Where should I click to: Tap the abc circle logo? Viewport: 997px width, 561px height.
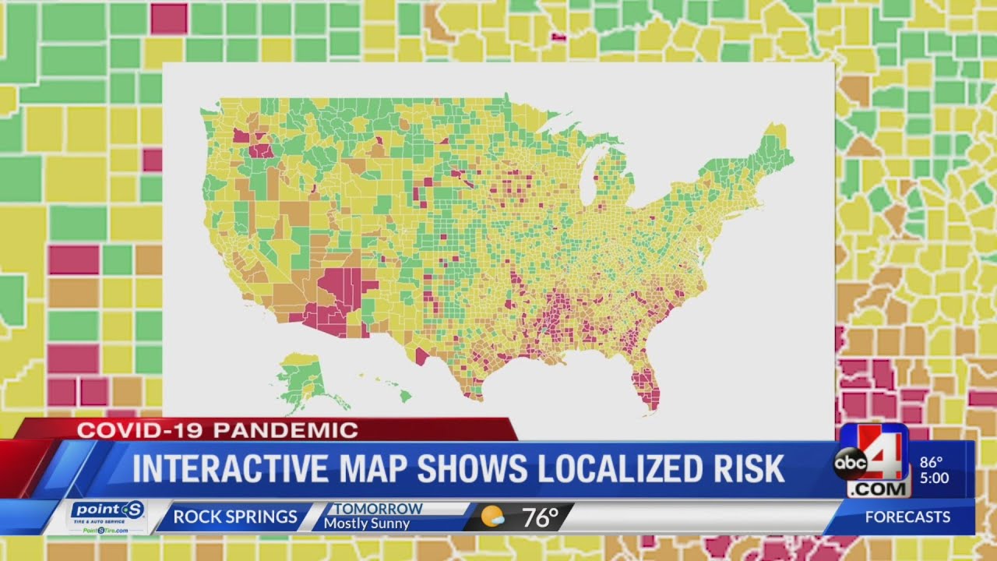(851, 464)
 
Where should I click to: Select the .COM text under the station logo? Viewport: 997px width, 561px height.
(879, 489)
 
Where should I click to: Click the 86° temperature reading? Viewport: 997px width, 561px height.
(931, 461)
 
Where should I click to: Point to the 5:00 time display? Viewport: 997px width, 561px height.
(934, 478)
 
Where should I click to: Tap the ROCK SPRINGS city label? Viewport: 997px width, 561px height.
(234, 517)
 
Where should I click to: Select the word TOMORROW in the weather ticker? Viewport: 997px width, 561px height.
(379, 509)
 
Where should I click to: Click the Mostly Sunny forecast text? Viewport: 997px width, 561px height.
(366, 524)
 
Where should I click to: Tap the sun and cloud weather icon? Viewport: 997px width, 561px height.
(492, 517)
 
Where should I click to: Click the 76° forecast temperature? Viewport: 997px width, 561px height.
(540, 517)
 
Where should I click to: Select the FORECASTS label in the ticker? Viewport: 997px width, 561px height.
(907, 517)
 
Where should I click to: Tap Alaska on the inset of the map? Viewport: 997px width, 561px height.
(302, 378)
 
